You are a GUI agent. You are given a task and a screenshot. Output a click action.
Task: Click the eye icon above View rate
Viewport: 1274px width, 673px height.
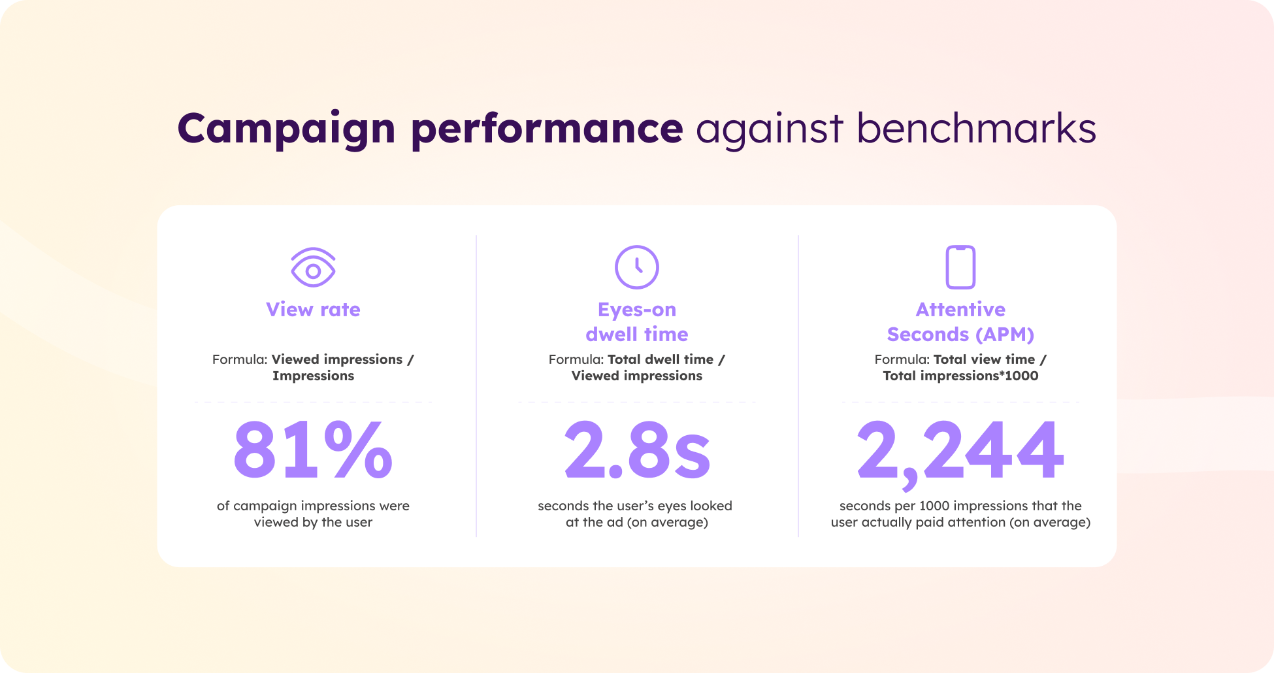(x=313, y=267)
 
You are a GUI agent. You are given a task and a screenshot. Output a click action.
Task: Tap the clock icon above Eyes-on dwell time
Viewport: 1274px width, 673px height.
(x=637, y=267)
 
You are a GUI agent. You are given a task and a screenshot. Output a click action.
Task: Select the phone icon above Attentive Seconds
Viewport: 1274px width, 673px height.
(x=960, y=267)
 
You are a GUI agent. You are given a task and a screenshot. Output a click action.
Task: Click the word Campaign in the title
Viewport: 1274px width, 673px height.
(x=286, y=129)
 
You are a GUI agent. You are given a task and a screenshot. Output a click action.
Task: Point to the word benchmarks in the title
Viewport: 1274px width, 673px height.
(x=976, y=129)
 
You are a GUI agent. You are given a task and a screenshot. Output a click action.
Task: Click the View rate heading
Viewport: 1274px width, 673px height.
(x=313, y=310)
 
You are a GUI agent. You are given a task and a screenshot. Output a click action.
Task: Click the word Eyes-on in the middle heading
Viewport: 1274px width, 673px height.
(x=637, y=310)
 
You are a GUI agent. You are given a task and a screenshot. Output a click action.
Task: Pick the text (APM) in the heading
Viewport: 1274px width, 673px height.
(x=1005, y=335)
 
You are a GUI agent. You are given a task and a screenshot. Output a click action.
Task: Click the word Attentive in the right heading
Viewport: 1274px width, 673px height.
(x=960, y=310)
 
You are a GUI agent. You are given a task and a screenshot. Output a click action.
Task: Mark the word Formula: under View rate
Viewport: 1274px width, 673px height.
(x=240, y=360)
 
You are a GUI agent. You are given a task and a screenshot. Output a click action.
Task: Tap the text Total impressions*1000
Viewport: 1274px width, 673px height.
(x=960, y=376)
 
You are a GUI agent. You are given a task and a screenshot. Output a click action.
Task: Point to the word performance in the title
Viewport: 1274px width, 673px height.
(x=547, y=129)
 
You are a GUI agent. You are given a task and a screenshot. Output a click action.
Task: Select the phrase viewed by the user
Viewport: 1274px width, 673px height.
(x=313, y=523)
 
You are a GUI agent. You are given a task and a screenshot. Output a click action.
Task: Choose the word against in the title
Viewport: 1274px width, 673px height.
(x=769, y=129)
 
